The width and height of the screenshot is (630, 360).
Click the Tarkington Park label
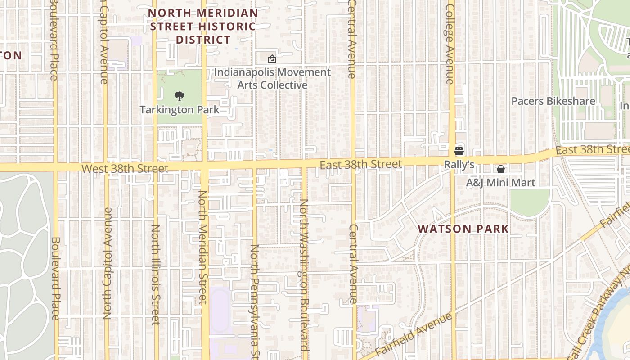click(x=180, y=110)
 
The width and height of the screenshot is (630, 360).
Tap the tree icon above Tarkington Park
click(x=179, y=96)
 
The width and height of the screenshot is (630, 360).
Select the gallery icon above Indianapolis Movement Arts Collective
click(x=272, y=59)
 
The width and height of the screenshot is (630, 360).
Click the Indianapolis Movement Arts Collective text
click(x=272, y=79)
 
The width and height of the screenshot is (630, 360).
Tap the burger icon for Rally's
click(x=459, y=151)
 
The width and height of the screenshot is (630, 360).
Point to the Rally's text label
click(x=459, y=165)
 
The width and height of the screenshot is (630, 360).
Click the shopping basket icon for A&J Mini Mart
click(x=500, y=169)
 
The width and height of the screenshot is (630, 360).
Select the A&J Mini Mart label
click(x=500, y=183)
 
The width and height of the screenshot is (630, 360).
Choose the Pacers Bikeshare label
click(x=553, y=101)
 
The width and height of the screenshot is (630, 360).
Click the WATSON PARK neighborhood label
click(x=463, y=229)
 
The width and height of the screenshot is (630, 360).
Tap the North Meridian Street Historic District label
click(x=203, y=27)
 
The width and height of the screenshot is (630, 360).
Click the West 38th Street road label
click(x=125, y=169)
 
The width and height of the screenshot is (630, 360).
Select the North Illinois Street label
click(x=155, y=274)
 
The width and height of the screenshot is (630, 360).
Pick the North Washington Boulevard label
click(x=304, y=274)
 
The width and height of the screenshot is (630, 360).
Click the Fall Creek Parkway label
click(x=598, y=315)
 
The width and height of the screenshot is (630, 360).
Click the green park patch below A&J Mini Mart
click(x=529, y=202)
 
